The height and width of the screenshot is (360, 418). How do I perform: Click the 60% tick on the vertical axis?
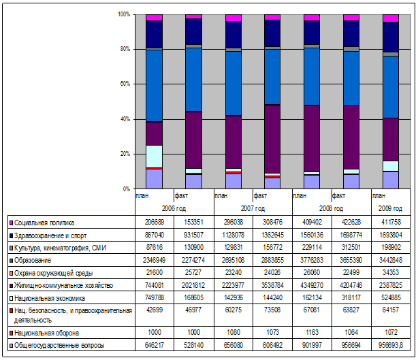tap(124, 84)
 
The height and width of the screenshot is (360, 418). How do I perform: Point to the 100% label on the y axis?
tap(123, 14)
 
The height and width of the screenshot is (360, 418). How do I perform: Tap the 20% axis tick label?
tap(124, 154)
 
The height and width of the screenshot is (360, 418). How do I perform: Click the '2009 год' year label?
tap(390, 208)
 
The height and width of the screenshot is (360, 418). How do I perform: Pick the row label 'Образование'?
tap(34, 260)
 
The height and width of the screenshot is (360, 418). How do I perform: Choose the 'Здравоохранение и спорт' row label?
tap(48, 235)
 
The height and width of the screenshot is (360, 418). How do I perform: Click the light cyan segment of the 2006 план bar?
tap(154, 156)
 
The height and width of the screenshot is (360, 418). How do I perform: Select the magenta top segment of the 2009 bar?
tap(390, 18)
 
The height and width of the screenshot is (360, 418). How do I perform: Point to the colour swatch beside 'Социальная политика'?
tap(10, 223)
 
